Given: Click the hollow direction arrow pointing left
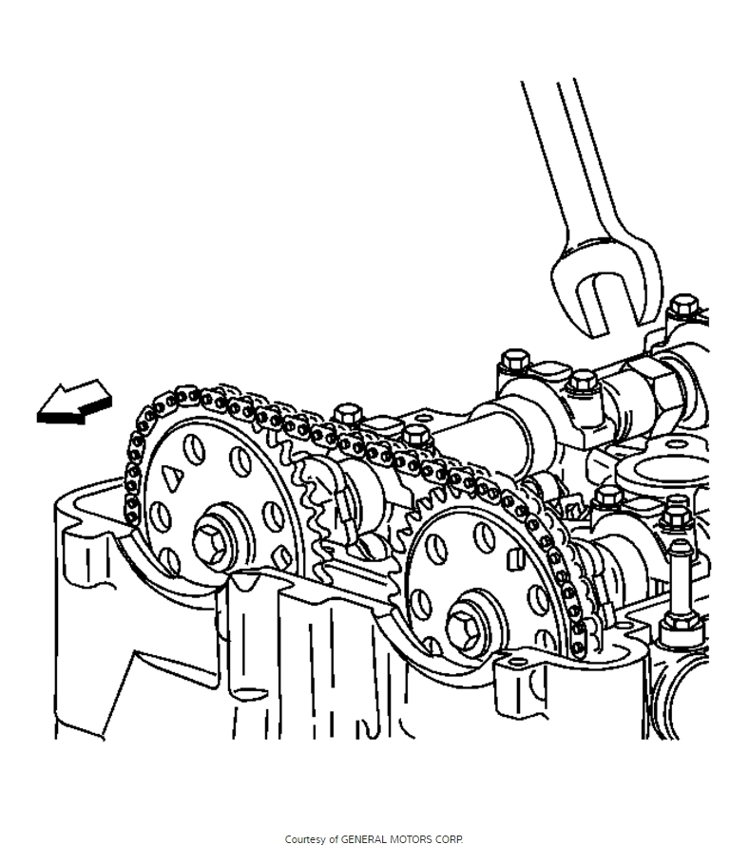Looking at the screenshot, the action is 73,403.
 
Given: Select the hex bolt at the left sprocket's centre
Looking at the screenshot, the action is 212,540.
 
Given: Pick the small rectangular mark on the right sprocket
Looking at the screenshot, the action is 514,558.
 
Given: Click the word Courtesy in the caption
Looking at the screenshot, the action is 305,839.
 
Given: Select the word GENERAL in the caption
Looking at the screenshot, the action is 362,839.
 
